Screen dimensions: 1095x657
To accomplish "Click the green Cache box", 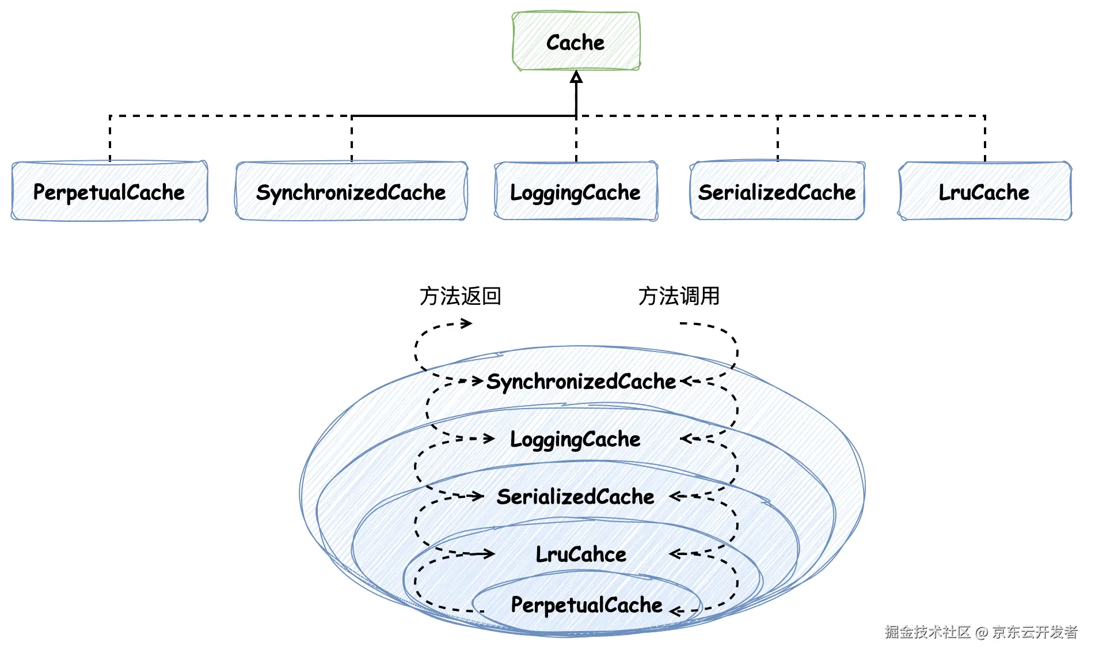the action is coord(576,41).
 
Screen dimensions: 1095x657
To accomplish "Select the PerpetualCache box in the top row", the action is coord(109,191).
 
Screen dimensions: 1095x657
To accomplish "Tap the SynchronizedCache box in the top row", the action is coord(351,191).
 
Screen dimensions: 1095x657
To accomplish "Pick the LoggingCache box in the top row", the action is coord(576,191).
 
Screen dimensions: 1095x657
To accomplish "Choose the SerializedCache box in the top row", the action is coord(777,191).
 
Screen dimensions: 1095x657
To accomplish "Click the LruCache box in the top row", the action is coord(984,191).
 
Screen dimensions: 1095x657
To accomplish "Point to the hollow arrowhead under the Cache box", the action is coord(576,77).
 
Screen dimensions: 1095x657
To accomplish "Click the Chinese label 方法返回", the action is coord(461,296).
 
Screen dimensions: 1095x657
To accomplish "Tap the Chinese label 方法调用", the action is coord(679,296).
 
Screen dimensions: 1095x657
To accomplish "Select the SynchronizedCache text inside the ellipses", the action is coord(581,382).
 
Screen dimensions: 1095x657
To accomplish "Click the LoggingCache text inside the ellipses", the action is coord(575,440).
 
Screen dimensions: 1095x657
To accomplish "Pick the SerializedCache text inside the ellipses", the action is coord(575,497).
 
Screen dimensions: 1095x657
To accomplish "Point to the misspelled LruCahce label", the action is coord(581,554).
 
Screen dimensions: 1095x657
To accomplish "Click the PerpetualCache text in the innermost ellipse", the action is coord(587,605).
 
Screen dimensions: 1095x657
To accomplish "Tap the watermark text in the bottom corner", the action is coord(981,632).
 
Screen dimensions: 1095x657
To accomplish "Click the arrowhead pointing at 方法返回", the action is coord(466,323).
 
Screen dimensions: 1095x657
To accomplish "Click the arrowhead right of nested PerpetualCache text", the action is coord(676,611).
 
